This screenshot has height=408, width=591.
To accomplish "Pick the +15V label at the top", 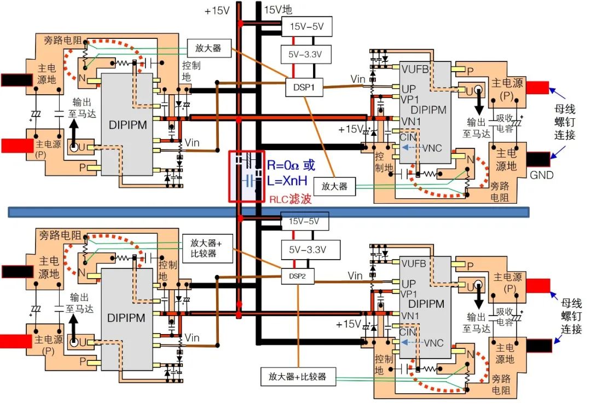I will click(x=217, y=10).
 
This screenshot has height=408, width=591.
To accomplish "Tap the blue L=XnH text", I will click(x=291, y=180).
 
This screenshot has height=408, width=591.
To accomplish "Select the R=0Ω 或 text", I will click(x=291, y=165).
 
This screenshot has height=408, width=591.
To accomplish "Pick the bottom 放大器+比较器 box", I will click(x=297, y=377).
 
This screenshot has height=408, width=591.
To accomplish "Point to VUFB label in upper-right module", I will click(x=416, y=70).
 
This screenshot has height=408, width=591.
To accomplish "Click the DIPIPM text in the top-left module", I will click(x=127, y=125).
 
